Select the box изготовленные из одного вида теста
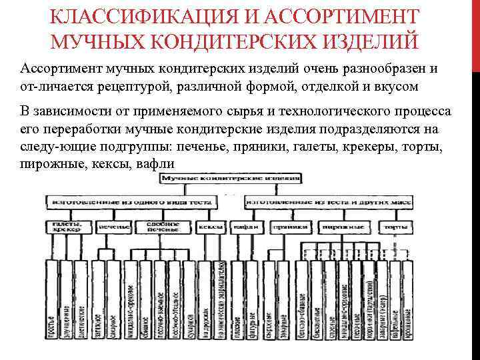click(x=133, y=199)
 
